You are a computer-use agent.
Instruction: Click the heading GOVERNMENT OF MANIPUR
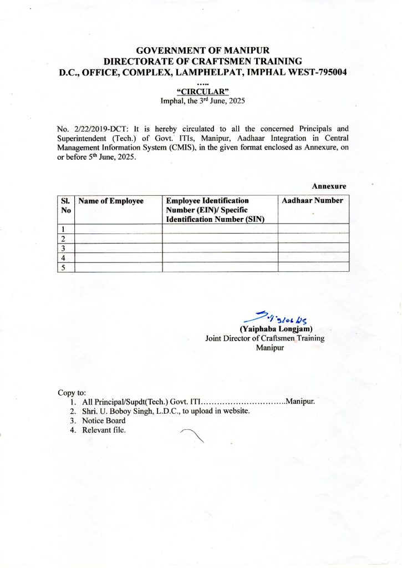pos(202,51)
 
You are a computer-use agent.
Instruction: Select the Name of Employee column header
pos(111,201)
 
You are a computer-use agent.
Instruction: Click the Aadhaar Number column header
pos(312,201)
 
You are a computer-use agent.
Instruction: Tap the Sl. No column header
pos(65,205)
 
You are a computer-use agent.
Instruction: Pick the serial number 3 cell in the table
pos(64,248)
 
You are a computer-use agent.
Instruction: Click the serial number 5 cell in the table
pos(64,267)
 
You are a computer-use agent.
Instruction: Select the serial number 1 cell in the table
pos(64,229)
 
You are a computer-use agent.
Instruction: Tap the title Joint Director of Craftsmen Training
pos(264,338)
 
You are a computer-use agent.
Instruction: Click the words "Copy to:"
pos(72,393)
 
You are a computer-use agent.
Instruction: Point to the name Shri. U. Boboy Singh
pos(117,411)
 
